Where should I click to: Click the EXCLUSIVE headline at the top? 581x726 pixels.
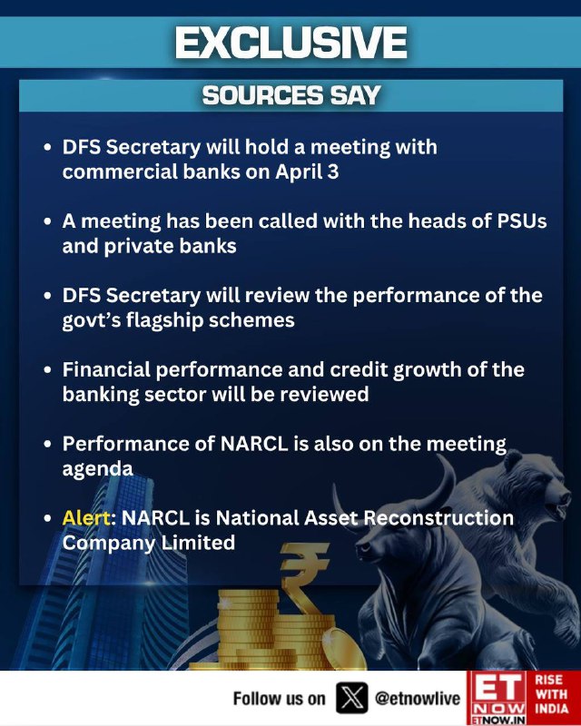click(x=291, y=42)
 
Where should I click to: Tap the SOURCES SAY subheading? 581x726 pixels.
click(x=291, y=95)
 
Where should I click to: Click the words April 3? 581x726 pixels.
click(x=307, y=172)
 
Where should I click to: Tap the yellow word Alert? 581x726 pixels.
click(x=87, y=517)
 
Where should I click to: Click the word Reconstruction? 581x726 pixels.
click(x=438, y=517)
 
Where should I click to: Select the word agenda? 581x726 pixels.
click(x=98, y=469)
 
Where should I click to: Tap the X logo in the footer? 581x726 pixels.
click(x=351, y=697)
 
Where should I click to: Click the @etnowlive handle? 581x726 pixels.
click(x=417, y=698)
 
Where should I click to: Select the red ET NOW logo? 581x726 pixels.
click(x=497, y=698)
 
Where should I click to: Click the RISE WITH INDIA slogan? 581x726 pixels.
click(x=551, y=694)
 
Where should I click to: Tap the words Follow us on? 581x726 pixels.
click(x=279, y=698)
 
